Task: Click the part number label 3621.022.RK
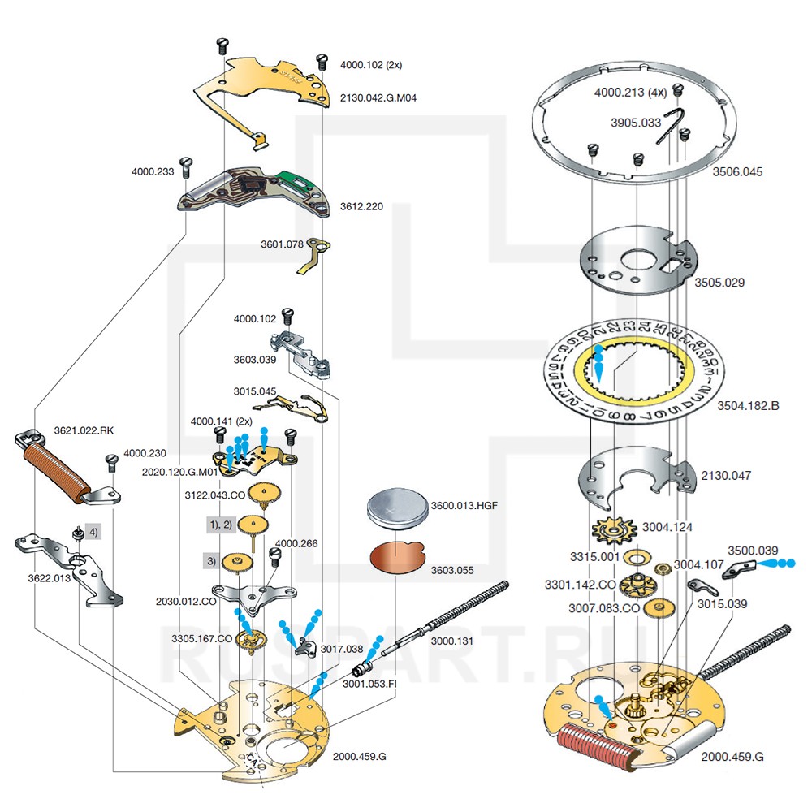coord(84,430)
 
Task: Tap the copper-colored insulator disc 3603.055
coord(398,558)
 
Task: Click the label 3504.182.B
coord(748,405)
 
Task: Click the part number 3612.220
coord(361,206)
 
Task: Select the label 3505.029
coord(719,283)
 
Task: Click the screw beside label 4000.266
coord(274,555)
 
